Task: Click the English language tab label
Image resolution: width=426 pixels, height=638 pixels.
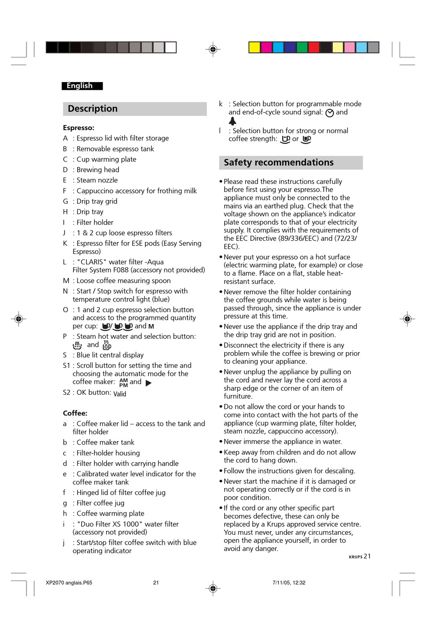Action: click(80, 86)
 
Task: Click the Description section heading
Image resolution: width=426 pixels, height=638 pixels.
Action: click(93, 109)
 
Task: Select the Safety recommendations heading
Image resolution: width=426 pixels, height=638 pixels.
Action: click(278, 162)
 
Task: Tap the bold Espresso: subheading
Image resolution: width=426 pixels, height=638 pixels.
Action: click(78, 128)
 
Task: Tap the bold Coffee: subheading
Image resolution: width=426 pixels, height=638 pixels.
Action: click(75, 413)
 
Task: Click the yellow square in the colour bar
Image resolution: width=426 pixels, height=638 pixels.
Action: click(254, 48)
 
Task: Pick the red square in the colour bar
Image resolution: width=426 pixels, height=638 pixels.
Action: click(314, 48)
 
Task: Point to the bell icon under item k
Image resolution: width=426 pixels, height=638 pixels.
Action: click(232, 121)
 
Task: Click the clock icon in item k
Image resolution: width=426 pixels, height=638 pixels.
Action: click(330, 113)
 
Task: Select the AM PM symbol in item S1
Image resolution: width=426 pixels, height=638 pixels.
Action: click(123, 383)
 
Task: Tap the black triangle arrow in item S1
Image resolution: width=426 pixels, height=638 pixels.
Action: click(148, 383)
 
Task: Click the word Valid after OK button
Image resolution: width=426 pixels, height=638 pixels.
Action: click(120, 394)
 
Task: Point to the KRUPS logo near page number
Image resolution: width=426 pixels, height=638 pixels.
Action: click(356, 557)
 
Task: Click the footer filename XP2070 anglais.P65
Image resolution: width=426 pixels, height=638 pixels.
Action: click(69, 583)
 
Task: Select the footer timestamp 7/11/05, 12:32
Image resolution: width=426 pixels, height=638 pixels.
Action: click(289, 583)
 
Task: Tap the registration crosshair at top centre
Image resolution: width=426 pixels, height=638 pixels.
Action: click(213, 49)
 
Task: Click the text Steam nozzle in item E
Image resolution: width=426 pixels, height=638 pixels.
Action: click(97, 180)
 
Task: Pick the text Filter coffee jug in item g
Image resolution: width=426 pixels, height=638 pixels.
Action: click(100, 503)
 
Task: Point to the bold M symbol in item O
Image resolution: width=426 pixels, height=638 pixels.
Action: click(151, 327)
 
